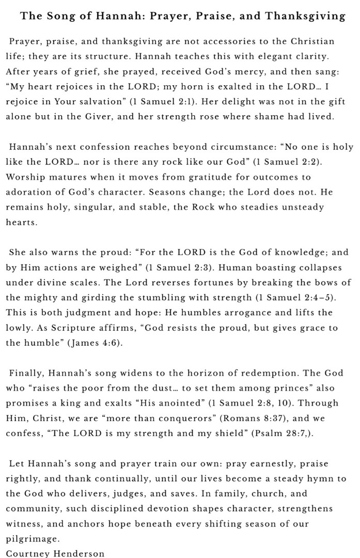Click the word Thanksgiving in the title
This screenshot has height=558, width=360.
305,16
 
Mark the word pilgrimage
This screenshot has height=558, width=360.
32,539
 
